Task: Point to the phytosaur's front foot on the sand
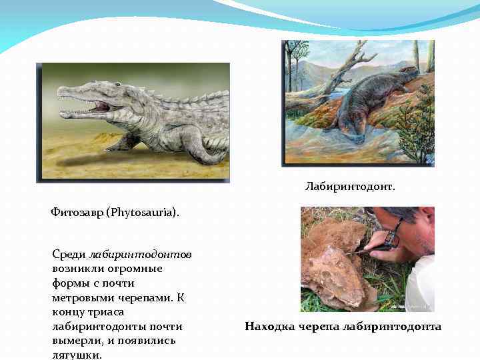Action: (x=120, y=145)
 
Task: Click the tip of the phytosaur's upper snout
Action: (x=61, y=97)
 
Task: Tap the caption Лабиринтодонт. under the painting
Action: (x=350, y=187)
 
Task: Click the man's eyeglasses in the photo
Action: (x=394, y=233)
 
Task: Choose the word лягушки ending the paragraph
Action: (x=76, y=355)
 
